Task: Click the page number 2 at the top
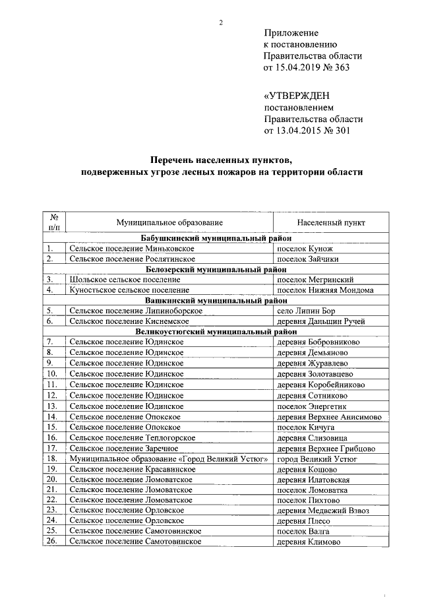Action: pos(222,23)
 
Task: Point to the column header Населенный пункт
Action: pos(331,223)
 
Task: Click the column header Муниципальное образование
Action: pos(169,223)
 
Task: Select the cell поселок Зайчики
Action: pos(308,259)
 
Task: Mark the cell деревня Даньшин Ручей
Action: pos(322,321)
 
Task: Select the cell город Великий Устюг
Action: pos(317,458)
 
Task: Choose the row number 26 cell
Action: pos(52,542)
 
